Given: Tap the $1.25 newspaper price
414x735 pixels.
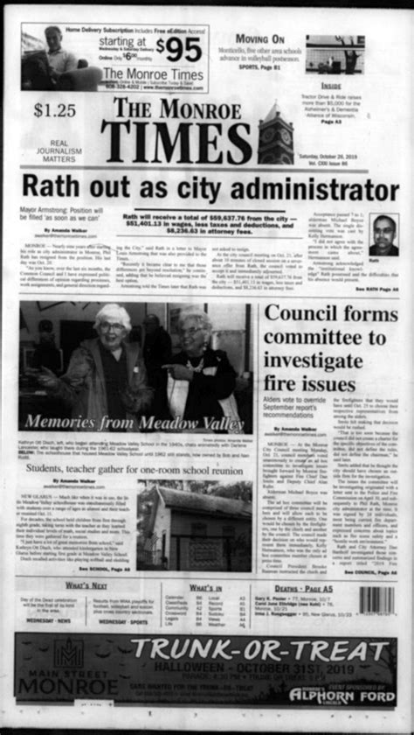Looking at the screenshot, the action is (x=55, y=110).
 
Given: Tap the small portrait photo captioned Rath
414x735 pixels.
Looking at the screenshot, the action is (x=383, y=234).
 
